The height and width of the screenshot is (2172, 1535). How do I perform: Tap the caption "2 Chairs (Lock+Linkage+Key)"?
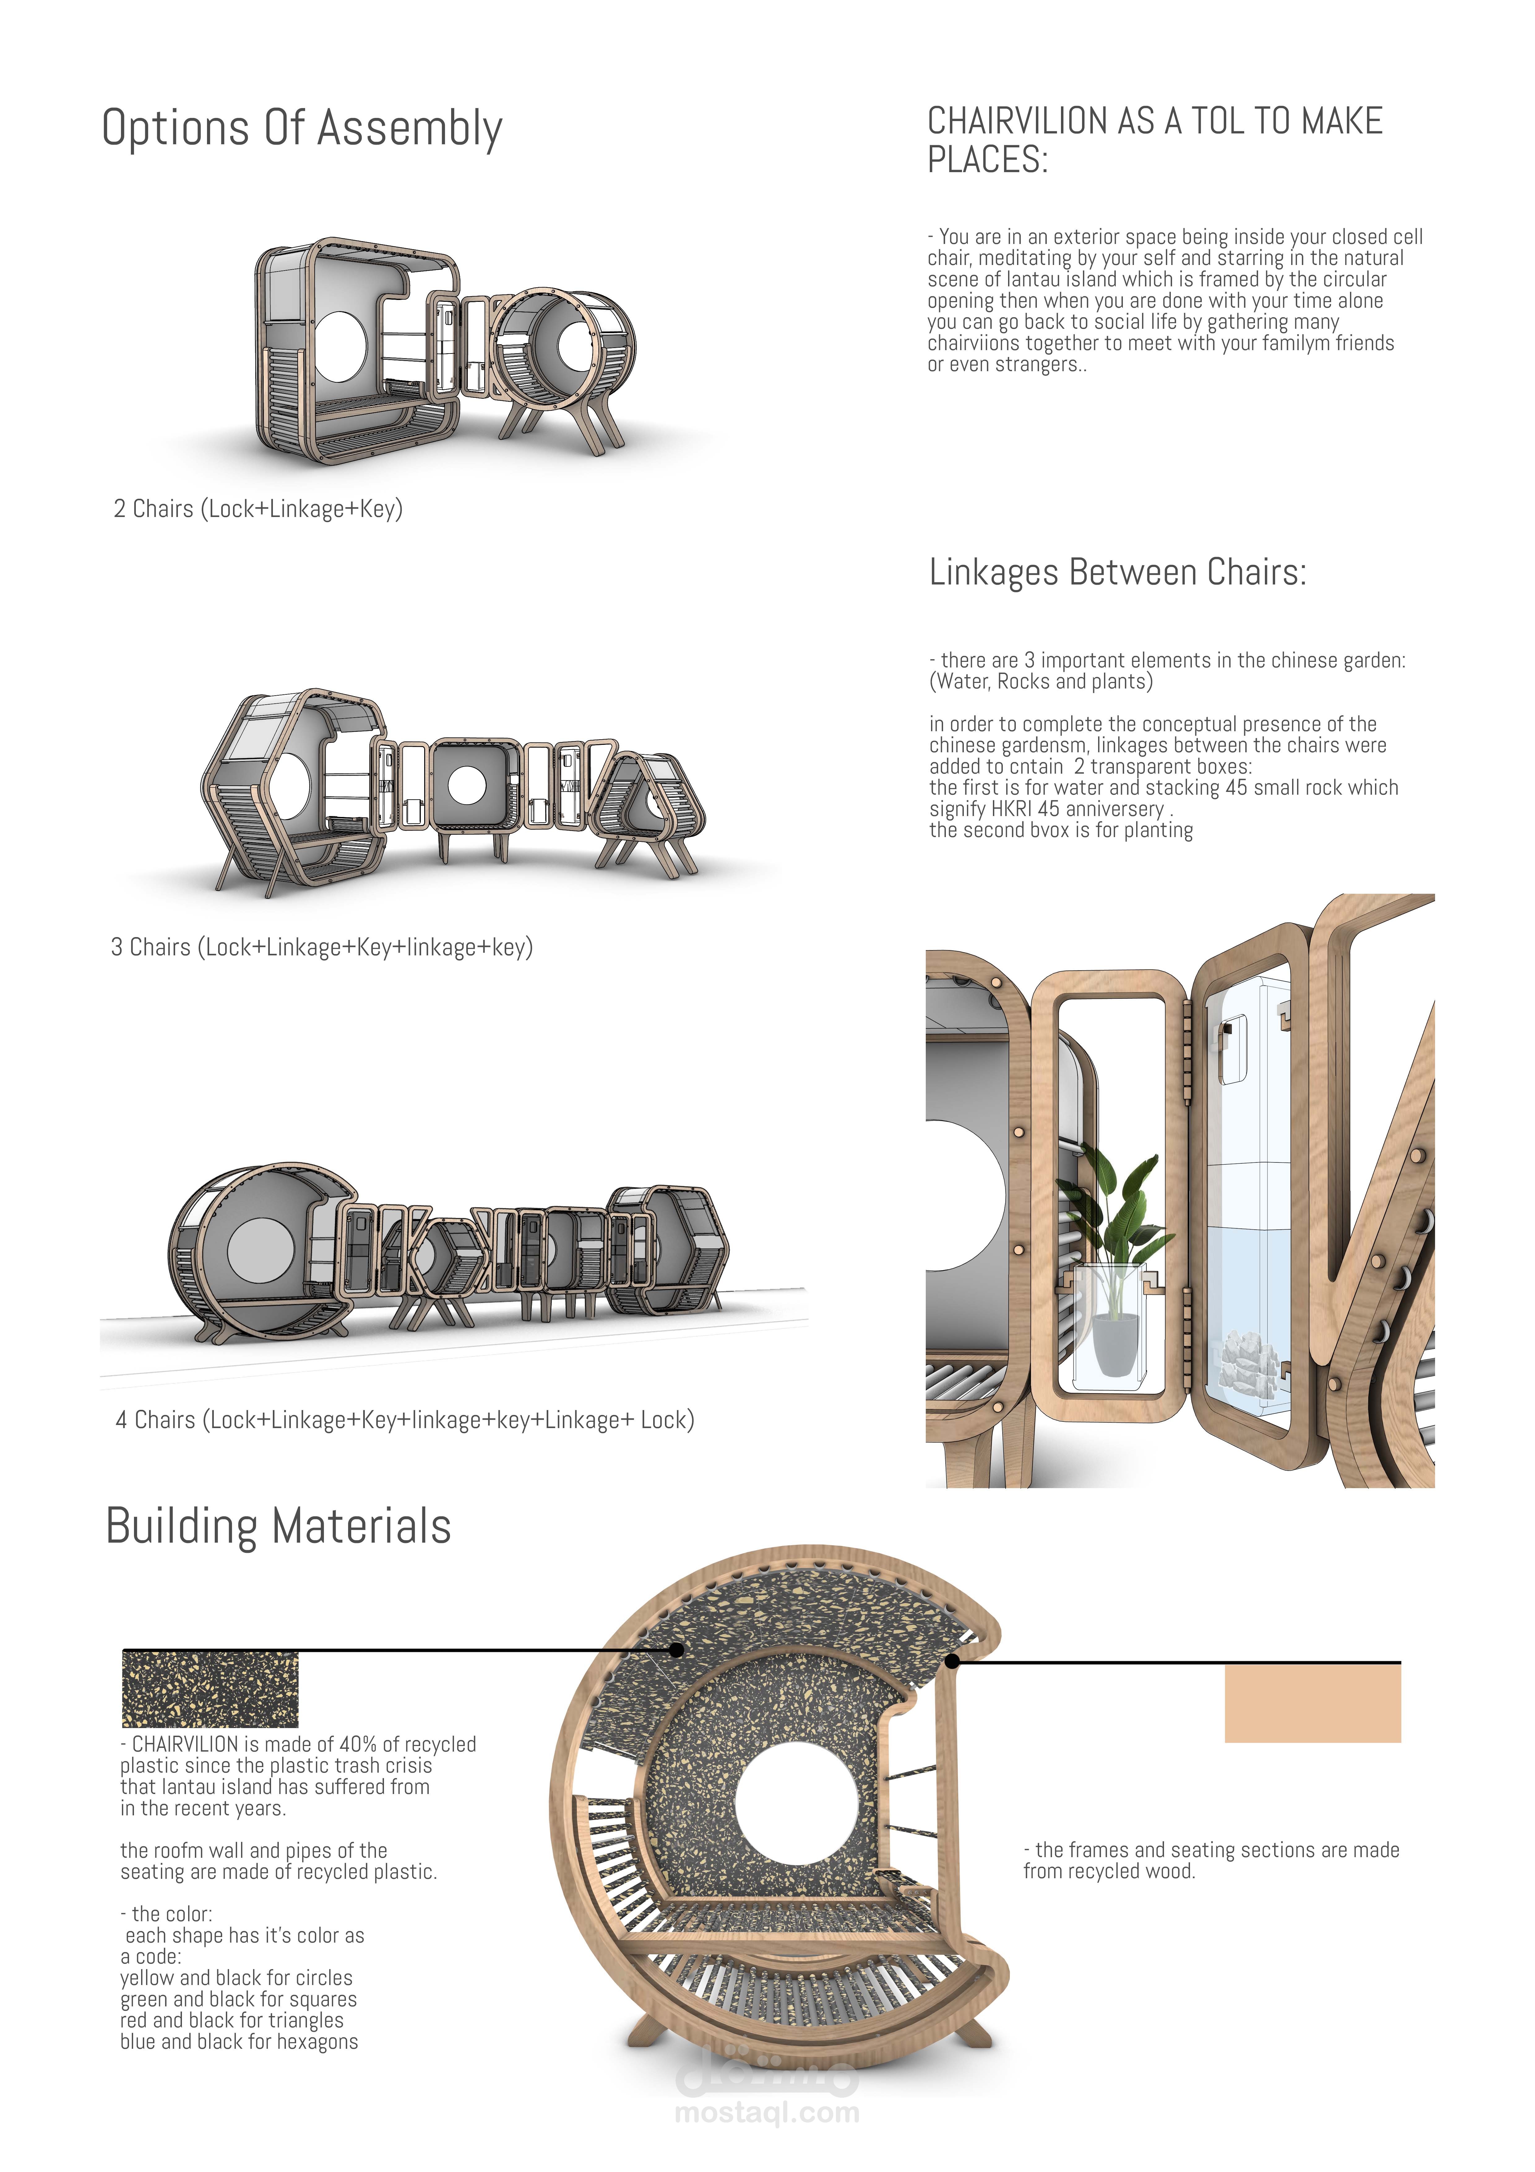258,509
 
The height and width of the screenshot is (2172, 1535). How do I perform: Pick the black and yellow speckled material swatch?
210,1690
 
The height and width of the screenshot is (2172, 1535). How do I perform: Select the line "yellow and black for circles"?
236,1978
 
